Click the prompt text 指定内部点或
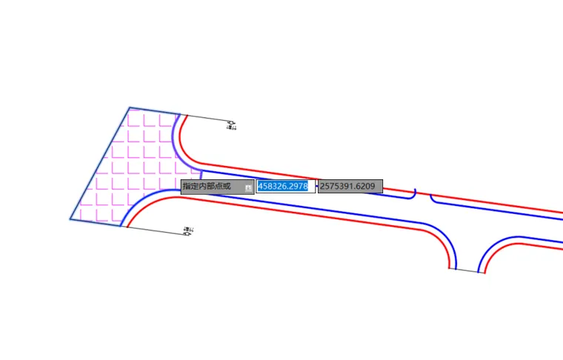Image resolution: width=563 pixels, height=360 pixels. click(x=207, y=186)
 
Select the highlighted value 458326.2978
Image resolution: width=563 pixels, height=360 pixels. click(x=283, y=186)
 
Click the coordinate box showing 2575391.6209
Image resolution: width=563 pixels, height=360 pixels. click(x=350, y=186)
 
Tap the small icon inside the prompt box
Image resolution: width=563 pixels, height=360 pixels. click(x=248, y=187)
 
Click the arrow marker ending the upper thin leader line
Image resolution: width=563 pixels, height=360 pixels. click(x=231, y=122)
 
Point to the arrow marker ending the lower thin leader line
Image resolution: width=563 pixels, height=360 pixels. click(x=187, y=233)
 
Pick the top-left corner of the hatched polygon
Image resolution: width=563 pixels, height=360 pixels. click(x=129, y=107)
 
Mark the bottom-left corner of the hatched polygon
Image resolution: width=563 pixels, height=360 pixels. click(x=71, y=219)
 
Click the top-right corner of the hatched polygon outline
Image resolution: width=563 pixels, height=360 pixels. click(x=180, y=115)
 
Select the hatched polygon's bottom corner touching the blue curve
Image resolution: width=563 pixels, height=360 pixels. click(x=121, y=226)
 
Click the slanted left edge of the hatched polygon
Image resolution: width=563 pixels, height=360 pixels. click(x=100, y=163)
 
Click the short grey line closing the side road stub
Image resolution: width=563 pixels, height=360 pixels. click(x=467, y=270)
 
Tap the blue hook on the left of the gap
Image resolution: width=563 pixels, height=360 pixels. click(x=413, y=194)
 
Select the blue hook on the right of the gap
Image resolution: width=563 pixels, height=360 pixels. click(x=433, y=198)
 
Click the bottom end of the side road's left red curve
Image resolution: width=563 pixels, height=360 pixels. click(x=449, y=267)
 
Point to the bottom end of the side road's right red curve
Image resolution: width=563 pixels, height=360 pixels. click(x=484, y=273)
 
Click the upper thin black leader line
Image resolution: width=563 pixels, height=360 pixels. click(x=207, y=119)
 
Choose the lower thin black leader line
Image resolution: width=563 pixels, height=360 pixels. click(x=156, y=230)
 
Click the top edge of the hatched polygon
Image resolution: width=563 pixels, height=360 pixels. click(x=154, y=111)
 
